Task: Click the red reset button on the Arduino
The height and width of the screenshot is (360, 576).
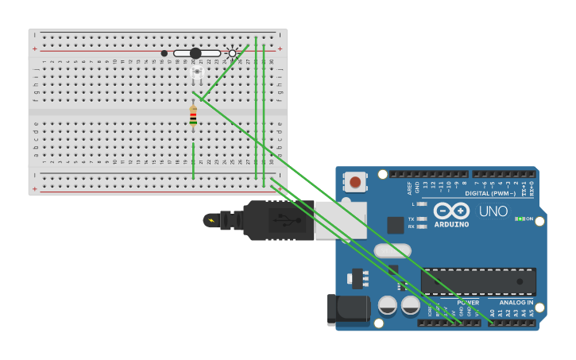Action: tap(354, 182)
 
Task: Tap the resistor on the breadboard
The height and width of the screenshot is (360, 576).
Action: tap(193, 116)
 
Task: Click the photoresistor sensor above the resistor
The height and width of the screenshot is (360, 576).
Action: tap(196, 73)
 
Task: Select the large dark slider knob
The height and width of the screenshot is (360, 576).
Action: tap(195, 53)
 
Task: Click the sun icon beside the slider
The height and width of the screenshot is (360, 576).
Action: tap(232, 53)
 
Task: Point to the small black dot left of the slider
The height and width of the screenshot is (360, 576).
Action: tap(164, 53)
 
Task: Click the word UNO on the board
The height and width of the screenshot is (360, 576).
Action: tap(493, 211)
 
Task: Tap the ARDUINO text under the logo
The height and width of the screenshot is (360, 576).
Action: tap(451, 224)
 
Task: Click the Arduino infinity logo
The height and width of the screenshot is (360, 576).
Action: tap(451, 211)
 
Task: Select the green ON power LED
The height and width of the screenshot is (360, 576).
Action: tap(518, 219)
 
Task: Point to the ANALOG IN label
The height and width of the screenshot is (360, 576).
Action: tap(516, 303)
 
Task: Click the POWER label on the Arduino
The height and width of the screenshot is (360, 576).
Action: tap(468, 303)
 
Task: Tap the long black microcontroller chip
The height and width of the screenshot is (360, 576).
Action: tap(478, 281)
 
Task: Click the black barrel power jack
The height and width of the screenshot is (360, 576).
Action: tap(348, 308)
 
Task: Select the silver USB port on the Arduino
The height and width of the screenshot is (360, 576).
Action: tap(341, 220)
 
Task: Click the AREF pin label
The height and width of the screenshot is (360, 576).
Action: tap(410, 188)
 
